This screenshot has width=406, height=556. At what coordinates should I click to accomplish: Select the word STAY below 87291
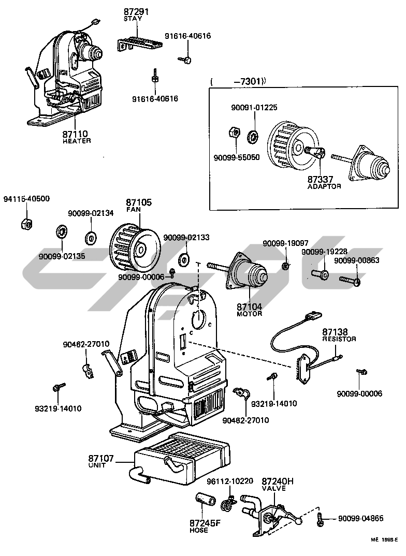point(133,19)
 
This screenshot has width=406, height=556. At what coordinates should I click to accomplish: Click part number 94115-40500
point(26,199)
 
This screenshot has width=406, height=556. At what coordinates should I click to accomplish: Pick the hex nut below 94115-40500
point(25,224)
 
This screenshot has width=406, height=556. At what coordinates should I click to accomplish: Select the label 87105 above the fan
point(139,202)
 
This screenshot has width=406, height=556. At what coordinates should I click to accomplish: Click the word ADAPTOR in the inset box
point(324,186)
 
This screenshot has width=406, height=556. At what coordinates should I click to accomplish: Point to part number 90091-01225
point(254,108)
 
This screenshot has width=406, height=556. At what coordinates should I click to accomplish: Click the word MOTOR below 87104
point(249,314)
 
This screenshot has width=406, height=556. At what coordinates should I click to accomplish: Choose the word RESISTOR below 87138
point(339,339)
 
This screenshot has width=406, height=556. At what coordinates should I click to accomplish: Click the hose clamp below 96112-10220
point(227,504)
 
